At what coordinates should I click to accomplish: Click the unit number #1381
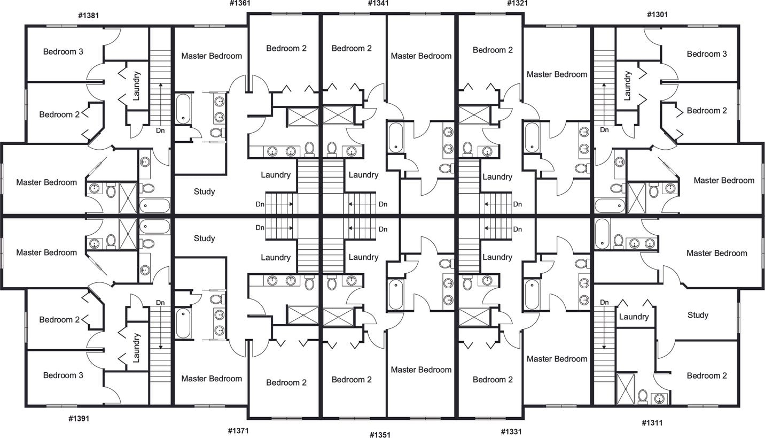click(88, 15)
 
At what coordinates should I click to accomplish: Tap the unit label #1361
click(240, 3)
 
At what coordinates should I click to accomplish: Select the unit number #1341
click(378, 3)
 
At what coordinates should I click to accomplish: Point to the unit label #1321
click(517, 3)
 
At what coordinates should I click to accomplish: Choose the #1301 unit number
click(657, 14)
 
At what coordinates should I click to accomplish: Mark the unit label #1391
click(79, 418)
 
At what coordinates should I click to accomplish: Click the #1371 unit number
click(238, 430)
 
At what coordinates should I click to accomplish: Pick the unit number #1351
click(380, 435)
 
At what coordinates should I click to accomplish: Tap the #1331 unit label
click(511, 431)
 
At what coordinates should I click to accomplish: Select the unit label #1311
click(652, 422)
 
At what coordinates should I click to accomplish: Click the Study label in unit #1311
click(698, 315)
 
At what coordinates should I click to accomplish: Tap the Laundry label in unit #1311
click(634, 317)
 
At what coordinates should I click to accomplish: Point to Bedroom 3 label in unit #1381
click(63, 52)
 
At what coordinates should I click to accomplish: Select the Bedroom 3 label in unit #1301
click(707, 54)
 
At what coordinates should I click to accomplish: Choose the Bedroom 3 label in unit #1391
click(63, 375)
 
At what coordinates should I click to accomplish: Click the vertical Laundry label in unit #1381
click(136, 86)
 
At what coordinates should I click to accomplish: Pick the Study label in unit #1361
click(204, 191)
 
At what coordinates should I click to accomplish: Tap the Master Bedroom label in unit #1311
click(716, 253)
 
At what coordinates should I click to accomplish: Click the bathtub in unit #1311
click(603, 233)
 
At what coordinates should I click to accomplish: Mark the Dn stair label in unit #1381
click(160, 130)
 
